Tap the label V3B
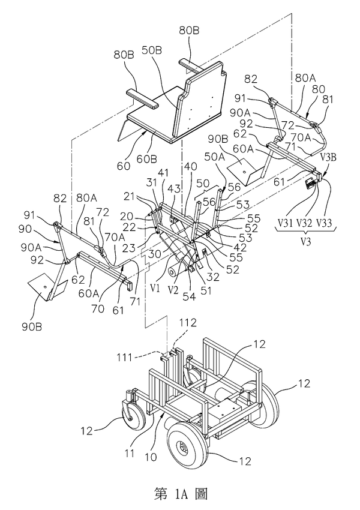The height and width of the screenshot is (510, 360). pyautogui.click(x=328, y=158)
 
